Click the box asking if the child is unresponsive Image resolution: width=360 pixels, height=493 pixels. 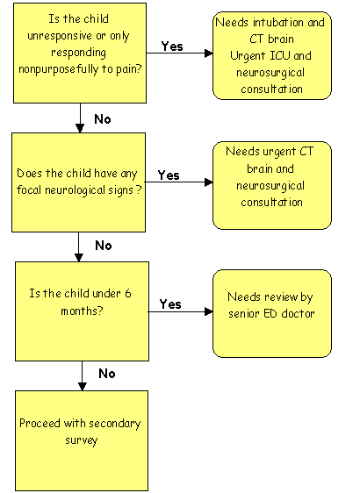tap(81, 54)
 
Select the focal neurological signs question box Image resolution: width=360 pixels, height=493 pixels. tap(81, 182)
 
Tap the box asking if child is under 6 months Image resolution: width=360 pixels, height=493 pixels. tap(81, 311)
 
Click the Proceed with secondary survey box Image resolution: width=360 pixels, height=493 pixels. tap(81, 439)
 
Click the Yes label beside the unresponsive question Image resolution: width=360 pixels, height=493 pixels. tap(172, 46)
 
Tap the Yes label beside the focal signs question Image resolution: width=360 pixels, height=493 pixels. tap(169, 175)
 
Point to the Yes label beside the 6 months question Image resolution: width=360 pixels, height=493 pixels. tap(170, 304)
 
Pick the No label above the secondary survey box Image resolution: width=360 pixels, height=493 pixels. tap(107, 373)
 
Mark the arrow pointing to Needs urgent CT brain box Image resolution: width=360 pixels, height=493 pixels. tap(181, 183)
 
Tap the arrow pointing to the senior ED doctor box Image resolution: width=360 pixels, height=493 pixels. tap(181, 311)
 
